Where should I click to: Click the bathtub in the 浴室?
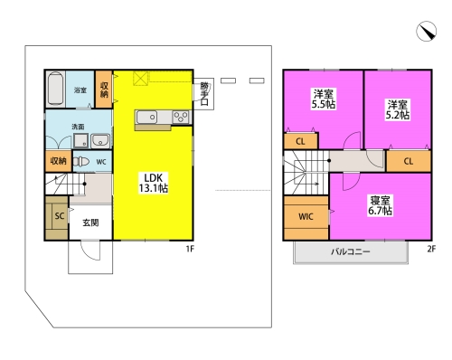pyautogui.click(x=55, y=89)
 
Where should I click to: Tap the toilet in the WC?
pyautogui.click(x=81, y=162)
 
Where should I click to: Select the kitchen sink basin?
pyautogui.click(x=146, y=117)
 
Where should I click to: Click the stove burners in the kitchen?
pyautogui.click(x=181, y=117)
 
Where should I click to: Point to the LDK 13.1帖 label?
pyautogui.click(x=153, y=183)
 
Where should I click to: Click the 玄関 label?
pyautogui.click(x=90, y=223)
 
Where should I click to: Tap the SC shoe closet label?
pyautogui.click(x=60, y=216)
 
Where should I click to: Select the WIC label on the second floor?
pyautogui.click(x=306, y=216)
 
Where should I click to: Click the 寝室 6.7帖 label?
pyautogui.click(x=380, y=205)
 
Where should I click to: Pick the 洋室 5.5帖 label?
pyautogui.click(x=324, y=99)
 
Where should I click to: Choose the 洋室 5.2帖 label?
pyautogui.click(x=398, y=109)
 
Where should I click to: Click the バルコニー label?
pyautogui.click(x=351, y=251)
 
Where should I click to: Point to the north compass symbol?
pyautogui.click(x=427, y=31)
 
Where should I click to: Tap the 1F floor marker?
pyautogui.click(x=190, y=249)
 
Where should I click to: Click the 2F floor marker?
pyautogui.click(x=431, y=249)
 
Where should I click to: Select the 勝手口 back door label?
pyautogui.click(x=204, y=93)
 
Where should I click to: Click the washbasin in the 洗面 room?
pyautogui.click(x=100, y=140)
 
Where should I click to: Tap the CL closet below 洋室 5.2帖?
pyautogui.click(x=409, y=161)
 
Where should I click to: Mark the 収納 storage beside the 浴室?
pyautogui.click(x=104, y=90)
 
